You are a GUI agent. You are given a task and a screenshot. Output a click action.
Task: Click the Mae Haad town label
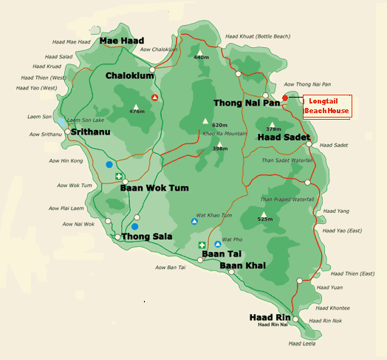click(123, 41)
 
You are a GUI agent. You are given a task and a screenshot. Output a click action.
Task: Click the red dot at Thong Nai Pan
click(285, 98)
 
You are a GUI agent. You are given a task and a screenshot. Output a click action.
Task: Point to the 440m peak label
click(202, 57)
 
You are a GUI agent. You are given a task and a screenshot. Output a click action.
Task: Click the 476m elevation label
click(137, 112)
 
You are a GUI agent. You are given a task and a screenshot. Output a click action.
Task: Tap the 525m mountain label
click(266, 219)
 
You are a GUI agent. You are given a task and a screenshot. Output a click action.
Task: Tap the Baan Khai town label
click(242, 265)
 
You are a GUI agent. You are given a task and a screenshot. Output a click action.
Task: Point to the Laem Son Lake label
click(84, 120)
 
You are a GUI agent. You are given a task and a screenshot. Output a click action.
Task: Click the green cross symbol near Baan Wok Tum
click(119, 176)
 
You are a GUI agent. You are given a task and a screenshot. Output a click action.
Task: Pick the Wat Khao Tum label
click(216, 215)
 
